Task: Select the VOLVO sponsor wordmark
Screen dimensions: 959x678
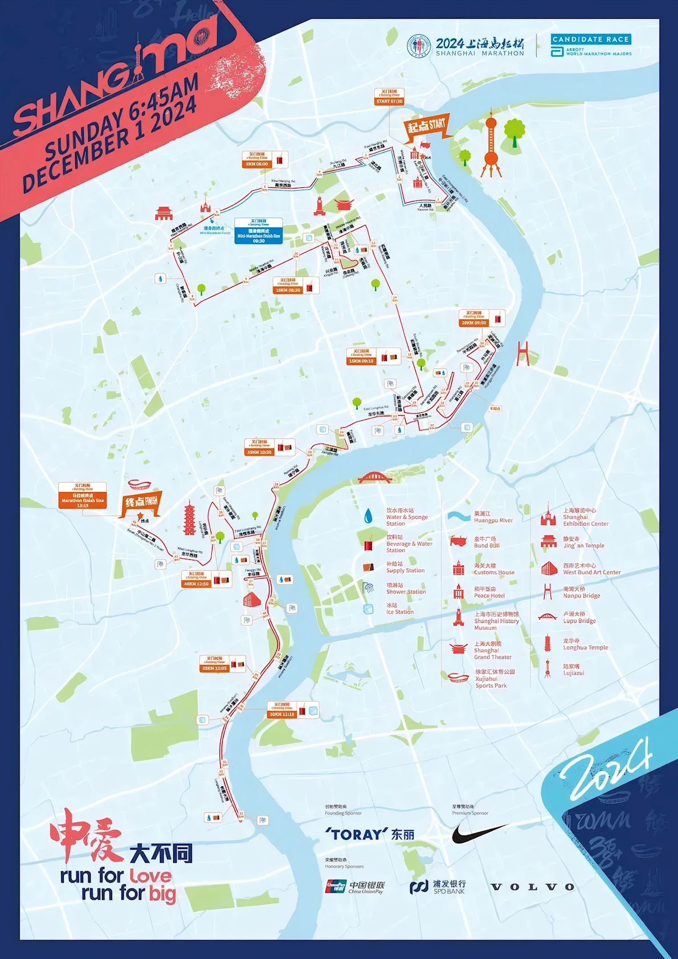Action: click(x=533, y=887)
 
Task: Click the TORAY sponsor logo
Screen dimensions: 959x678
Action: click(x=370, y=834)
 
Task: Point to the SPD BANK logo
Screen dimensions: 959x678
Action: click(x=438, y=887)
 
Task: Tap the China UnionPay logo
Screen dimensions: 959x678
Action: click(x=355, y=887)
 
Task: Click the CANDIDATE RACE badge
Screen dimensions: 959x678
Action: click(x=591, y=39)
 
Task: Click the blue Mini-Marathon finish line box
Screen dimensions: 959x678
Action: click(x=259, y=231)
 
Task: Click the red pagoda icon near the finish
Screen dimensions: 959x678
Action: click(x=189, y=518)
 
